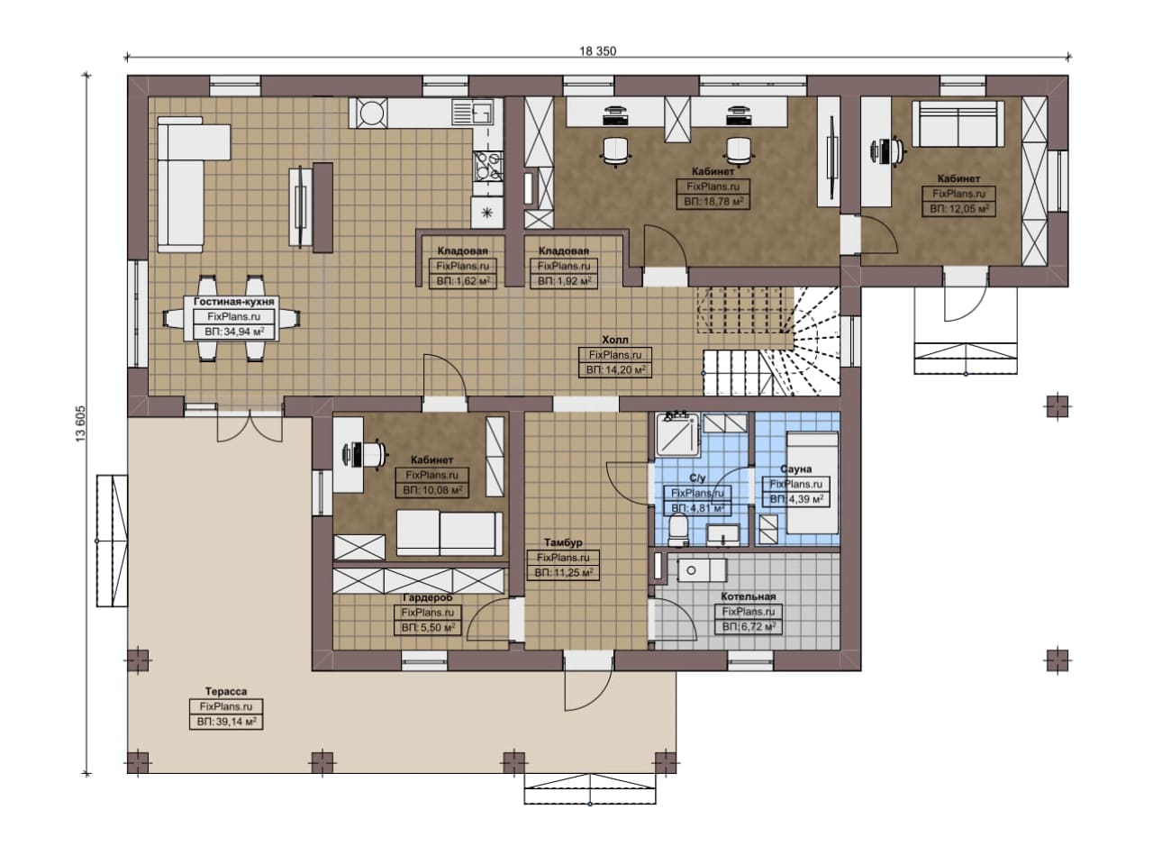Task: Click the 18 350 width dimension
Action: click(x=597, y=51)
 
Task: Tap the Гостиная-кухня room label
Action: click(x=234, y=302)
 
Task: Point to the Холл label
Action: click(x=615, y=340)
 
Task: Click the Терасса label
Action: click(x=226, y=692)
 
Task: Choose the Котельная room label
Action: click(x=749, y=596)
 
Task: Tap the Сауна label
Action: click(x=795, y=469)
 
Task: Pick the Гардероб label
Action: click(x=428, y=598)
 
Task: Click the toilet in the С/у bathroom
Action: click(x=678, y=531)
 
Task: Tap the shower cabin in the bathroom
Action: click(x=676, y=434)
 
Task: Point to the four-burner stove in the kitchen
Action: click(x=487, y=166)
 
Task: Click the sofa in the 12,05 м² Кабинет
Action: click(x=958, y=123)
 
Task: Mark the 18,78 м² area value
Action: click(x=713, y=201)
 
